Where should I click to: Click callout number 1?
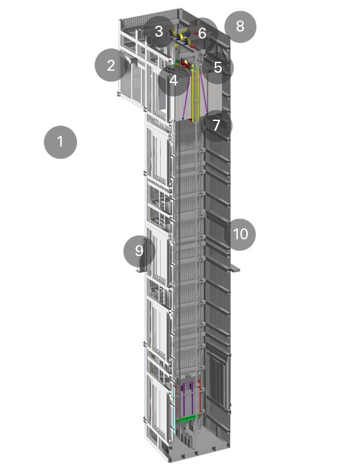[60, 142]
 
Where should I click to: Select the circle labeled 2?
[111, 65]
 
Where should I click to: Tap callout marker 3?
[159, 32]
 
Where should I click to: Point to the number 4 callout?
[174, 80]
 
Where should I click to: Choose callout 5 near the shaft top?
[218, 68]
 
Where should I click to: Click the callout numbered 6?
[202, 33]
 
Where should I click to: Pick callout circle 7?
[216, 125]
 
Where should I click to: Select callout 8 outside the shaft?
[240, 26]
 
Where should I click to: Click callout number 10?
[240, 234]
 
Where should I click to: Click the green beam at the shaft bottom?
[188, 420]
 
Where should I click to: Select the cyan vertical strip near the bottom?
[174, 410]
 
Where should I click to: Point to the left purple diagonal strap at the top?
[186, 95]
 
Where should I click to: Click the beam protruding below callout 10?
[235, 268]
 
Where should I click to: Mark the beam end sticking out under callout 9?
[141, 270]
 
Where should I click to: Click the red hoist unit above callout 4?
[184, 64]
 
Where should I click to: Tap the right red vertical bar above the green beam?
[199, 396]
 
